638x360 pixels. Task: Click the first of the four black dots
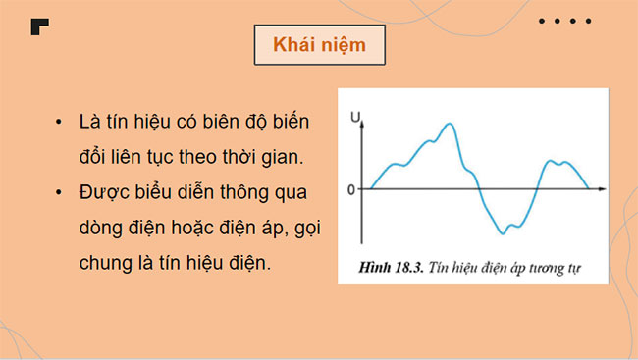543,21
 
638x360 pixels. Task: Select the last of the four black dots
588,21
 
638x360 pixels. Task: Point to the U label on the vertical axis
355,119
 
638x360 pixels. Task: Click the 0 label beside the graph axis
351,188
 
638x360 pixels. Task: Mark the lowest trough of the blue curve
502,232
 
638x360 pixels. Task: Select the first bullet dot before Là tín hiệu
61,123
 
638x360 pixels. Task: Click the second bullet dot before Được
61,190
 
